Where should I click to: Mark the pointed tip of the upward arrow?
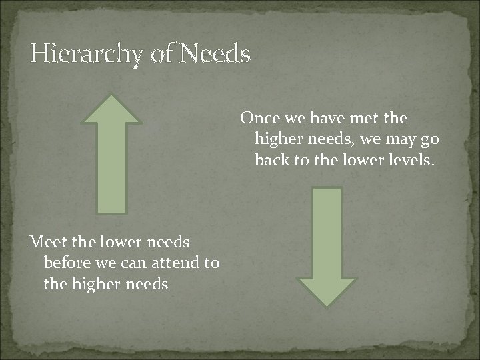112,95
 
